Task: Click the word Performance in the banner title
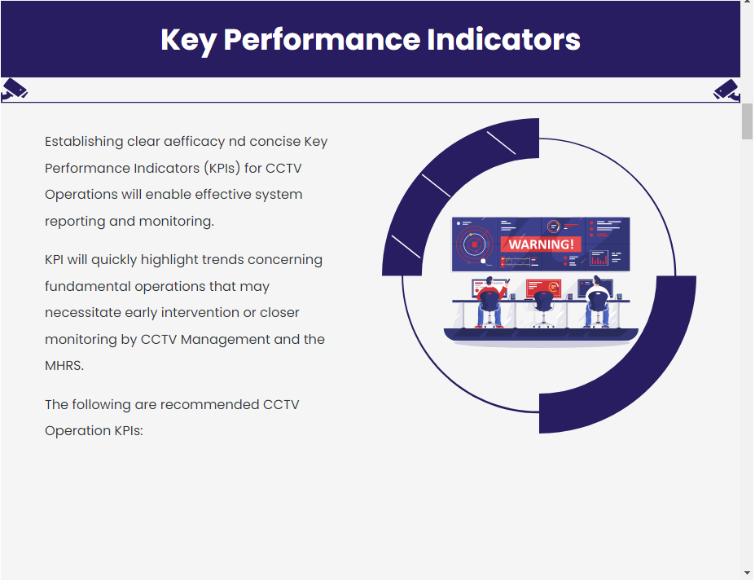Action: click(x=323, y=39)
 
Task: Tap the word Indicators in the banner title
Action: click(x=503, y=39)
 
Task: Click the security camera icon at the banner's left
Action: click(x=15, y=90)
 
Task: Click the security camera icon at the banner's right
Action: click(x=726, y=90)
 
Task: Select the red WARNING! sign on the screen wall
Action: click(x=541, y=244)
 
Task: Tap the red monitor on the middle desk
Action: click(x=543, y=288)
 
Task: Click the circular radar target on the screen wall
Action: click(x=474, y=244)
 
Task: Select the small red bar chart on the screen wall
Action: click(x=599, y=258)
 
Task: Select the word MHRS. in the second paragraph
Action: click(x=64, y=366)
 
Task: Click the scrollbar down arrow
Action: click(x=748, y=573)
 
